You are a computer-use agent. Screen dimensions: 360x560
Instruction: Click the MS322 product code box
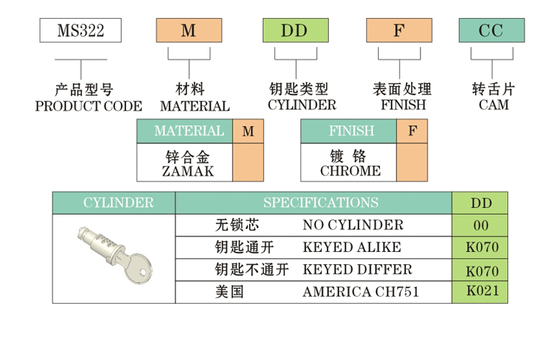point(80,30)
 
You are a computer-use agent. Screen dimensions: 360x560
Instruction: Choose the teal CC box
point(492,30)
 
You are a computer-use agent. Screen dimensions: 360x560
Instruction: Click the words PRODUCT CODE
point(89,106)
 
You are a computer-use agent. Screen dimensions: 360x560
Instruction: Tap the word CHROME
point(350,171)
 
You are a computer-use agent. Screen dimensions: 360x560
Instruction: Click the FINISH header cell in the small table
point(351,131)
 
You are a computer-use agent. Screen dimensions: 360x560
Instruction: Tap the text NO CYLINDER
point(353,225)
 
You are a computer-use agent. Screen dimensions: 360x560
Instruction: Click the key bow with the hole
point(138,271)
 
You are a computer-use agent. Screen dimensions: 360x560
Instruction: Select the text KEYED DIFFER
point(357,269)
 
